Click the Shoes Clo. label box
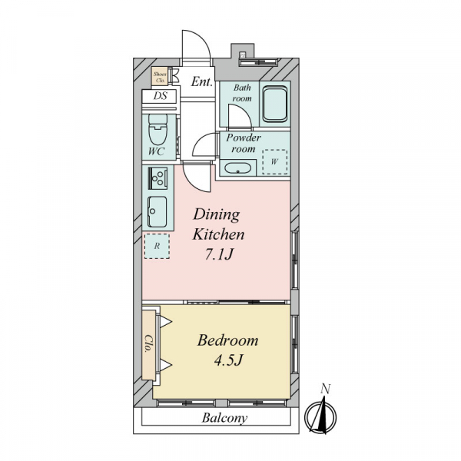(160, 77)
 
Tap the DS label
(161, 96)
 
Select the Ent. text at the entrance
(201, 81)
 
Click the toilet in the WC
(158, 129)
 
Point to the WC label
(156, 151)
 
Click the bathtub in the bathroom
(275, 104)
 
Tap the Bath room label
(242, 93)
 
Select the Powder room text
(244, 143)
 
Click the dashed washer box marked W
(274, 161)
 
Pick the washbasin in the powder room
(237, 168)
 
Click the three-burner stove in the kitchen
(158, 178)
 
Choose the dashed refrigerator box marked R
(157, 246)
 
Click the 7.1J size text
(219, 254)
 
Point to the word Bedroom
(227, 340)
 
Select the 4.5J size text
(228, 360)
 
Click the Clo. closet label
(149, 343)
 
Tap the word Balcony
(224, 418)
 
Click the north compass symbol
(320, 416)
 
